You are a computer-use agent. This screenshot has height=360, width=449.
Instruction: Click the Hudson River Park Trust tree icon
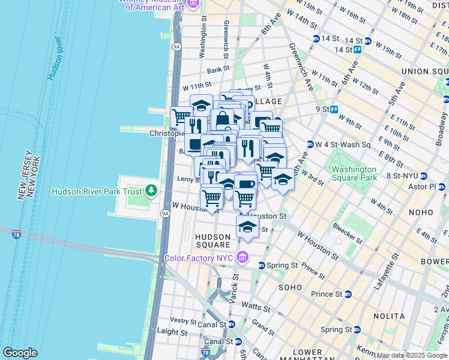pyautogui.click(x=151, y=191)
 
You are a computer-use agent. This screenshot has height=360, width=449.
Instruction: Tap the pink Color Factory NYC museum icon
pyautogui.click(x=243, y=258)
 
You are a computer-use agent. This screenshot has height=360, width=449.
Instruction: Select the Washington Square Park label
pyautogui.click(x=354, y=173)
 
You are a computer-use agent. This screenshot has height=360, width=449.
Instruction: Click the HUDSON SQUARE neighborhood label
pyautogui.click(x=213, y=241)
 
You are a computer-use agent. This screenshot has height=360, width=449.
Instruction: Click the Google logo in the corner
pyautogui.click(x=20, y=353)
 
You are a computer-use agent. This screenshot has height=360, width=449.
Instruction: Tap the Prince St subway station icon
pyautogui.click(x=348, y=294)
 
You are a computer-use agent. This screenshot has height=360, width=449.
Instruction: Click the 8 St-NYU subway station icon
pyautogui.click(x=423, y=176)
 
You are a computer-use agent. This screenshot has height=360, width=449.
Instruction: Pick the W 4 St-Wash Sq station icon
pyautogui.click(x=310, y=144)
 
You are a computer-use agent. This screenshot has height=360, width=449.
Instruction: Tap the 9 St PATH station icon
pyautogui.click(x=334, y=109)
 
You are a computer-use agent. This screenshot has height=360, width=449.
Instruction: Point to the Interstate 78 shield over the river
pyautogui.click(x=16, y=233)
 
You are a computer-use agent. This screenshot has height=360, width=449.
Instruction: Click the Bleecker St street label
pyautogui.click(x=346, y=233)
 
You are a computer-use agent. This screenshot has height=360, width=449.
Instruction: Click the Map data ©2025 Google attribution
pyautogui.click(x=412, y=355)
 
